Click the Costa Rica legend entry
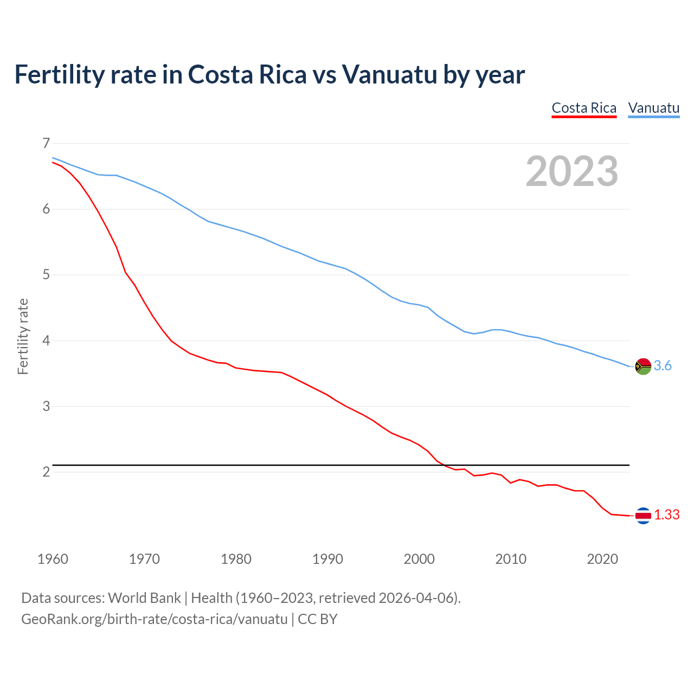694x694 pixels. point(584,108)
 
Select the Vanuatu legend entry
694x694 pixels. point(653,108)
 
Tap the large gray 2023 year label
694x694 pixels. point(572,171)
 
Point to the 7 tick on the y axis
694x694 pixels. point(46,143)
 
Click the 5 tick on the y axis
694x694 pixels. point(46,275)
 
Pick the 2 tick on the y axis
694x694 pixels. point(46,472)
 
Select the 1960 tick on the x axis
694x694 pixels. point(53,559)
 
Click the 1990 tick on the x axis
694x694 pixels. point(327,559)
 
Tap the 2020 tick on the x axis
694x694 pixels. point(602,559)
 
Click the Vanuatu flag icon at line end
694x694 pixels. point(642,367)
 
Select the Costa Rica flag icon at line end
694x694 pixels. point(642,516)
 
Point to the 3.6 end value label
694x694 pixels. point(663,366)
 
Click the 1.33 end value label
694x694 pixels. point(666,515)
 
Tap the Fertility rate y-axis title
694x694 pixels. point(23,336)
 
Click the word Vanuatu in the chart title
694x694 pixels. point(389,75)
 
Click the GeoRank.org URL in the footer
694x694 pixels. point(154,619)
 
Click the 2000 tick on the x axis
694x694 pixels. point(419,559)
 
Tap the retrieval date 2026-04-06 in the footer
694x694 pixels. point(416,598)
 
